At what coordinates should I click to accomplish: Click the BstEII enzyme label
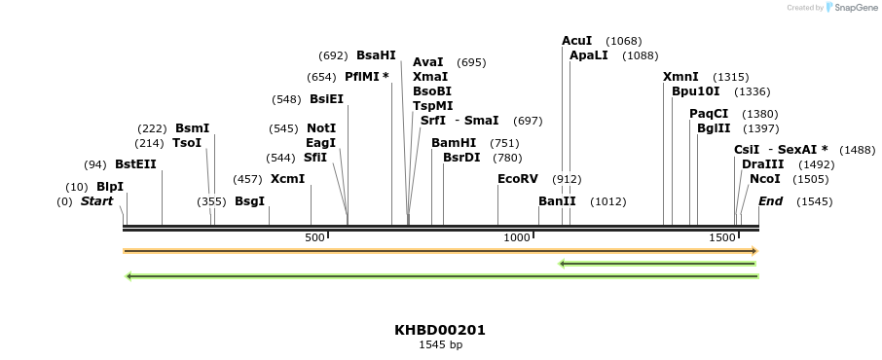(x=135, y=164)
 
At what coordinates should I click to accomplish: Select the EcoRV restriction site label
(x=517, y=179)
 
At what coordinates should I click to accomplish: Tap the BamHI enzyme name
(x=454, y=143)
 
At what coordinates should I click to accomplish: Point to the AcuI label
(x=576, y=41)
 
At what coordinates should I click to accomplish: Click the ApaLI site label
(x=588, y=55)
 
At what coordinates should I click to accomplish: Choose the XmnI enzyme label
(x=680, y=77)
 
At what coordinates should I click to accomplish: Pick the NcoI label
(x=765, y=179)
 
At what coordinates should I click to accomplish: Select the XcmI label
(x=287, y=179)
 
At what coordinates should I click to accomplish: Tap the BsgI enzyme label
(x=249, y=201)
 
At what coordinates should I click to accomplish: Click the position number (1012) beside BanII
(x=607, y=201)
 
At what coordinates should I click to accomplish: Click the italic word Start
(x=96, y=201)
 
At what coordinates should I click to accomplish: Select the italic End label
(x=770, y=201)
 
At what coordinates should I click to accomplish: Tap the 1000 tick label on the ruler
(x=514, y=237)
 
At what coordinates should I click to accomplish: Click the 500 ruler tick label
(x=314, y=237)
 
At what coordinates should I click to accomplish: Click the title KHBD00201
(x=440, y=330)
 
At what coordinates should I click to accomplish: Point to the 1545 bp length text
(x=440, y=344)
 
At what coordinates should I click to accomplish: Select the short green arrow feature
(x=658, y=263)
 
